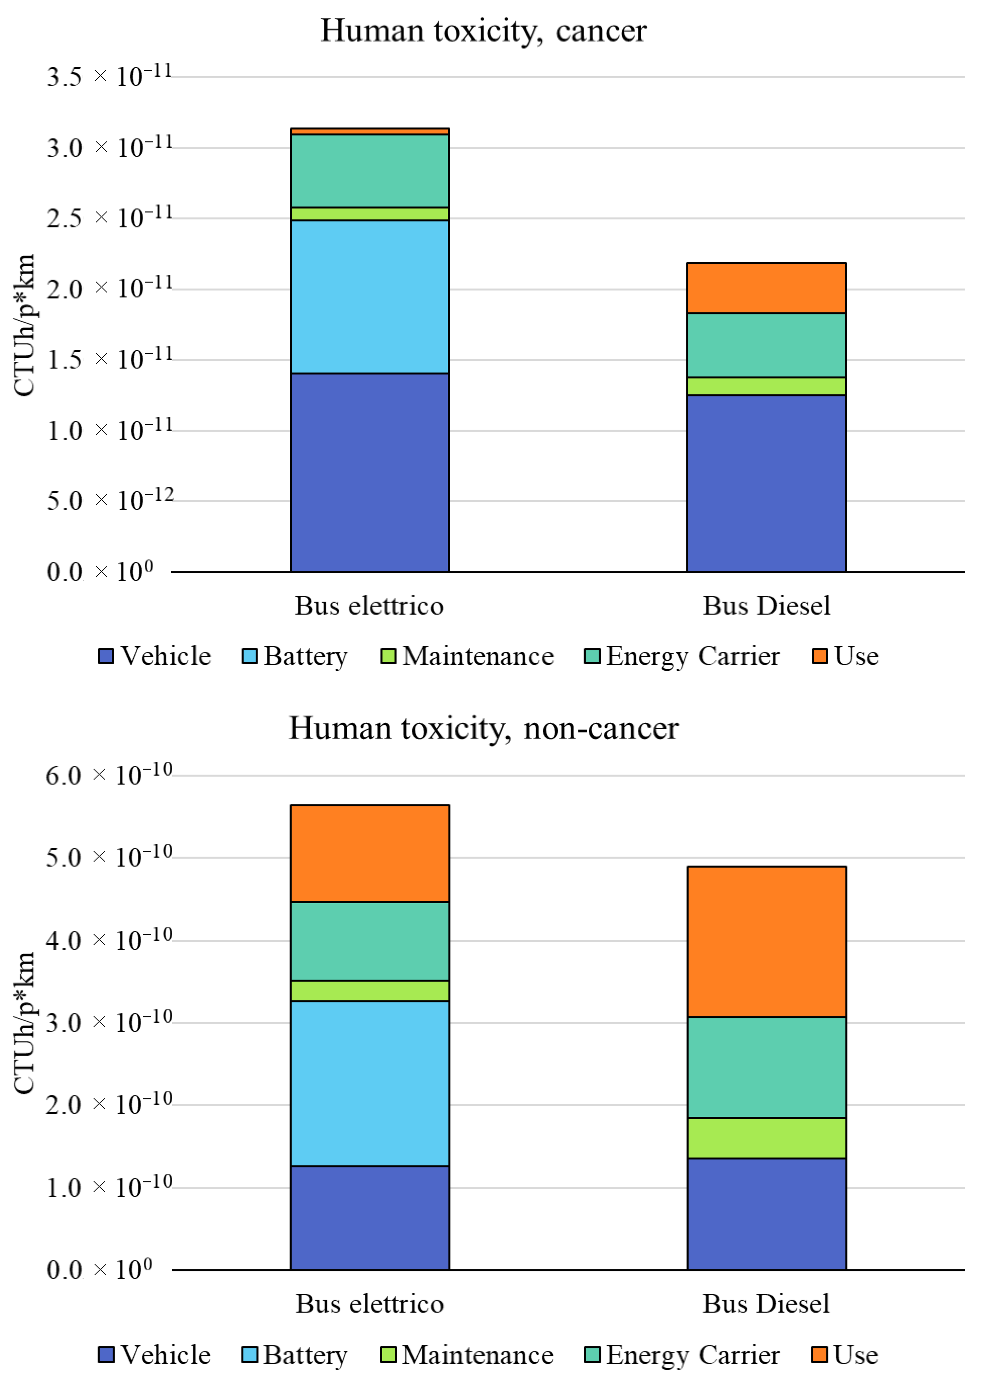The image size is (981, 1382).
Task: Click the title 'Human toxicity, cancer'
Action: pos(483,30)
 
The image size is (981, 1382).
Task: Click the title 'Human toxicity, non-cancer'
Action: pos(483,728)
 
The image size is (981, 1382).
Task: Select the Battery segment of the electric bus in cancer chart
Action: pos(370,296)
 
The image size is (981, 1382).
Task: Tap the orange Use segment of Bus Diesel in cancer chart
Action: pos(766,287)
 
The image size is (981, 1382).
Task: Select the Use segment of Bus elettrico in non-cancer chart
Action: pos(370,853)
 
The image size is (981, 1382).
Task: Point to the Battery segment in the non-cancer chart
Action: pos(370,1083)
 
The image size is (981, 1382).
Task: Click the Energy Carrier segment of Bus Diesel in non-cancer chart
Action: pos(766,1067)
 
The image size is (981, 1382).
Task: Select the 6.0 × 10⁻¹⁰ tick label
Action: pos(109,775)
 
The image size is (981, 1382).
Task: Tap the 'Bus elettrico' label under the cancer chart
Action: pos(369,606)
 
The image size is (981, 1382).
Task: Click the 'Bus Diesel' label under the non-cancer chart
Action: pos(766,1304)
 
